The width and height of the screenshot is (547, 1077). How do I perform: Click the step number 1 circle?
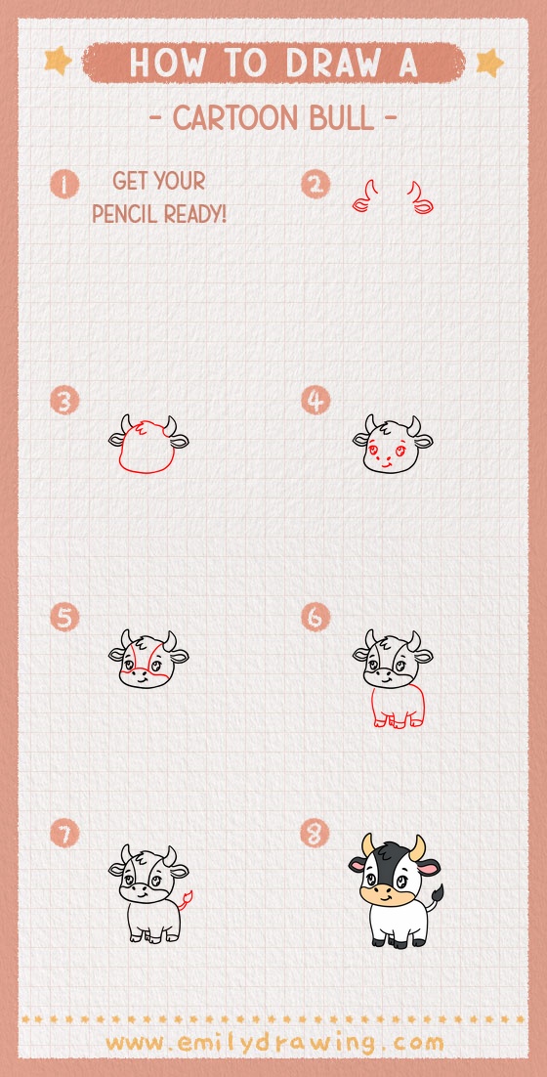coord(65,184)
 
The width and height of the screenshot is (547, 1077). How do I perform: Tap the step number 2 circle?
coord(316,184)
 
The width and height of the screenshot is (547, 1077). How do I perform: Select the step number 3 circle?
coord(65,401)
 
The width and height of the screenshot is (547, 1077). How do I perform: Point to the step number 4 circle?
coord(316,401)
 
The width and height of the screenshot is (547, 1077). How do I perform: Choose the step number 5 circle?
coord(65,618)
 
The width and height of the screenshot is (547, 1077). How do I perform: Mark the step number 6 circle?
coord(316,618)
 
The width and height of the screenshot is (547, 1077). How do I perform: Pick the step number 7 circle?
coord(65,834)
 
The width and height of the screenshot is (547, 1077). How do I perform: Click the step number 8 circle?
coord(316,834)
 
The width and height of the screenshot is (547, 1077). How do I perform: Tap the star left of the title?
coord(58,61)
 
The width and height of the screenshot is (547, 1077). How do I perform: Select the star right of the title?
coord(488,63)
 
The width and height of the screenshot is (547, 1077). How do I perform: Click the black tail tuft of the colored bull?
coord(437,892)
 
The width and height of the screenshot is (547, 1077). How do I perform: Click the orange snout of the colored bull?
coord(383,892)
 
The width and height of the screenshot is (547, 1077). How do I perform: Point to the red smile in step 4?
coord(384,465)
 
